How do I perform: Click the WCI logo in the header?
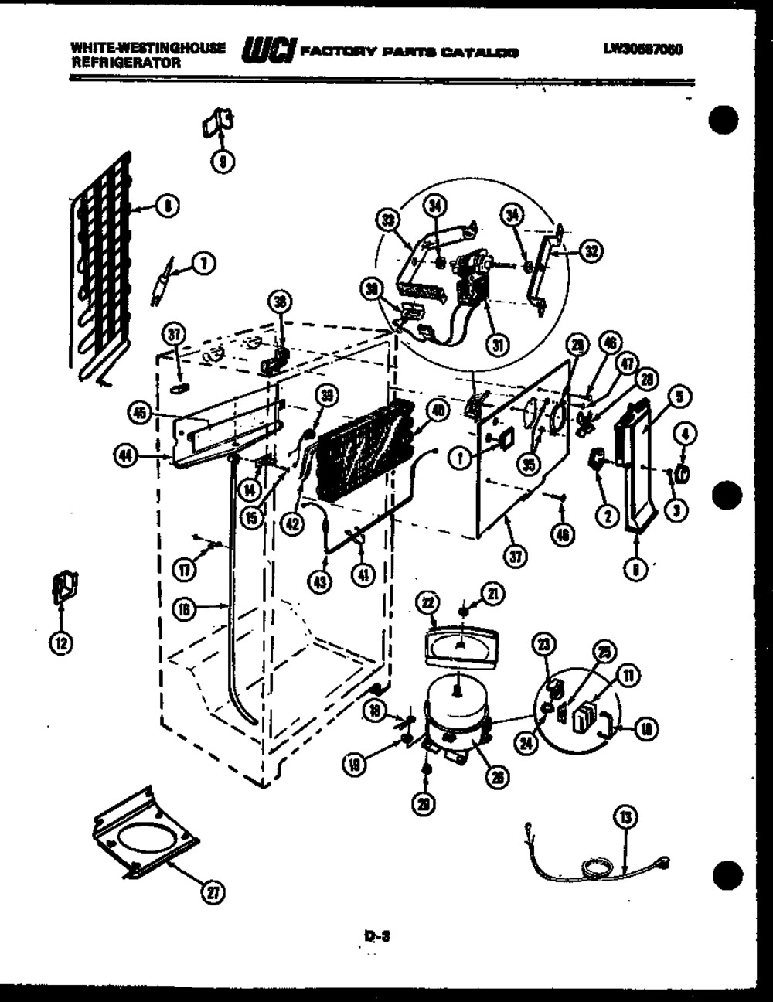267,51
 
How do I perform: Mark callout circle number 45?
139,414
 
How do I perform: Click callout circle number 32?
592,250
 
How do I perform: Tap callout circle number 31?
495,346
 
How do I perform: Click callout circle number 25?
604,653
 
